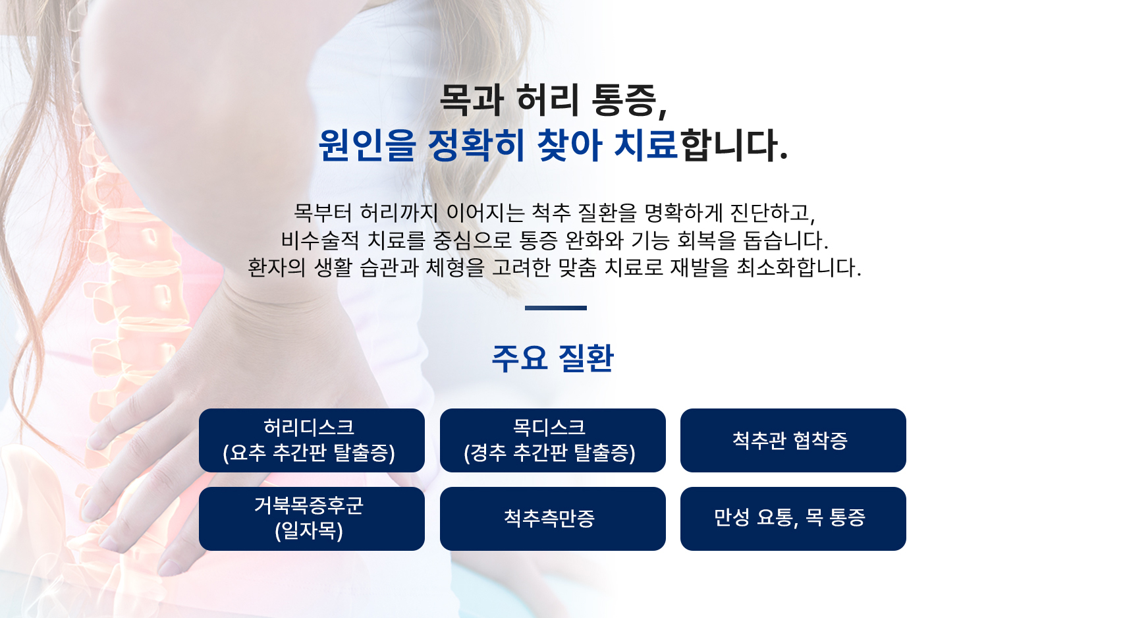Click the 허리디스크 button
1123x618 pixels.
pyautogui.click(x=312, y=440)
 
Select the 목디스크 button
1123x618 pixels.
pyautogui.click(x=553, y=440)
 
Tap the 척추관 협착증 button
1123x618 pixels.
pyautogui.click(x=793, y=440)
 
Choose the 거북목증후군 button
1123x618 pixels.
pyautogui.click(x=312, y=519)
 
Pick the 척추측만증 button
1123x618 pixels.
pyautogui.click(x=553, y=519)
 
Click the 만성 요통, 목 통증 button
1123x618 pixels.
pyautogui.click(x=793, y=519)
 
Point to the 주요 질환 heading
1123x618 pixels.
pyautogui.click(x=553, y=358)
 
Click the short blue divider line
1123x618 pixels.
pyautogui.click(x=555, y=308)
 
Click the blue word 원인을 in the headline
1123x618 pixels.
pyautogui.click(x=368, y=146)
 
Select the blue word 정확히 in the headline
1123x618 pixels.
pyautogui.click(x=476, y=146)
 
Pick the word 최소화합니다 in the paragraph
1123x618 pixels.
pyautogui.click(x=798, y=267)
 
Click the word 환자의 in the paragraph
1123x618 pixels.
pyautogui.click(x=276, y=267)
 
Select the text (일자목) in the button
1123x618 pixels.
pyautogui.click(x=309, y=531)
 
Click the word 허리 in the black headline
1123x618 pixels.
pyautogui.click(x=548, y=101)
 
